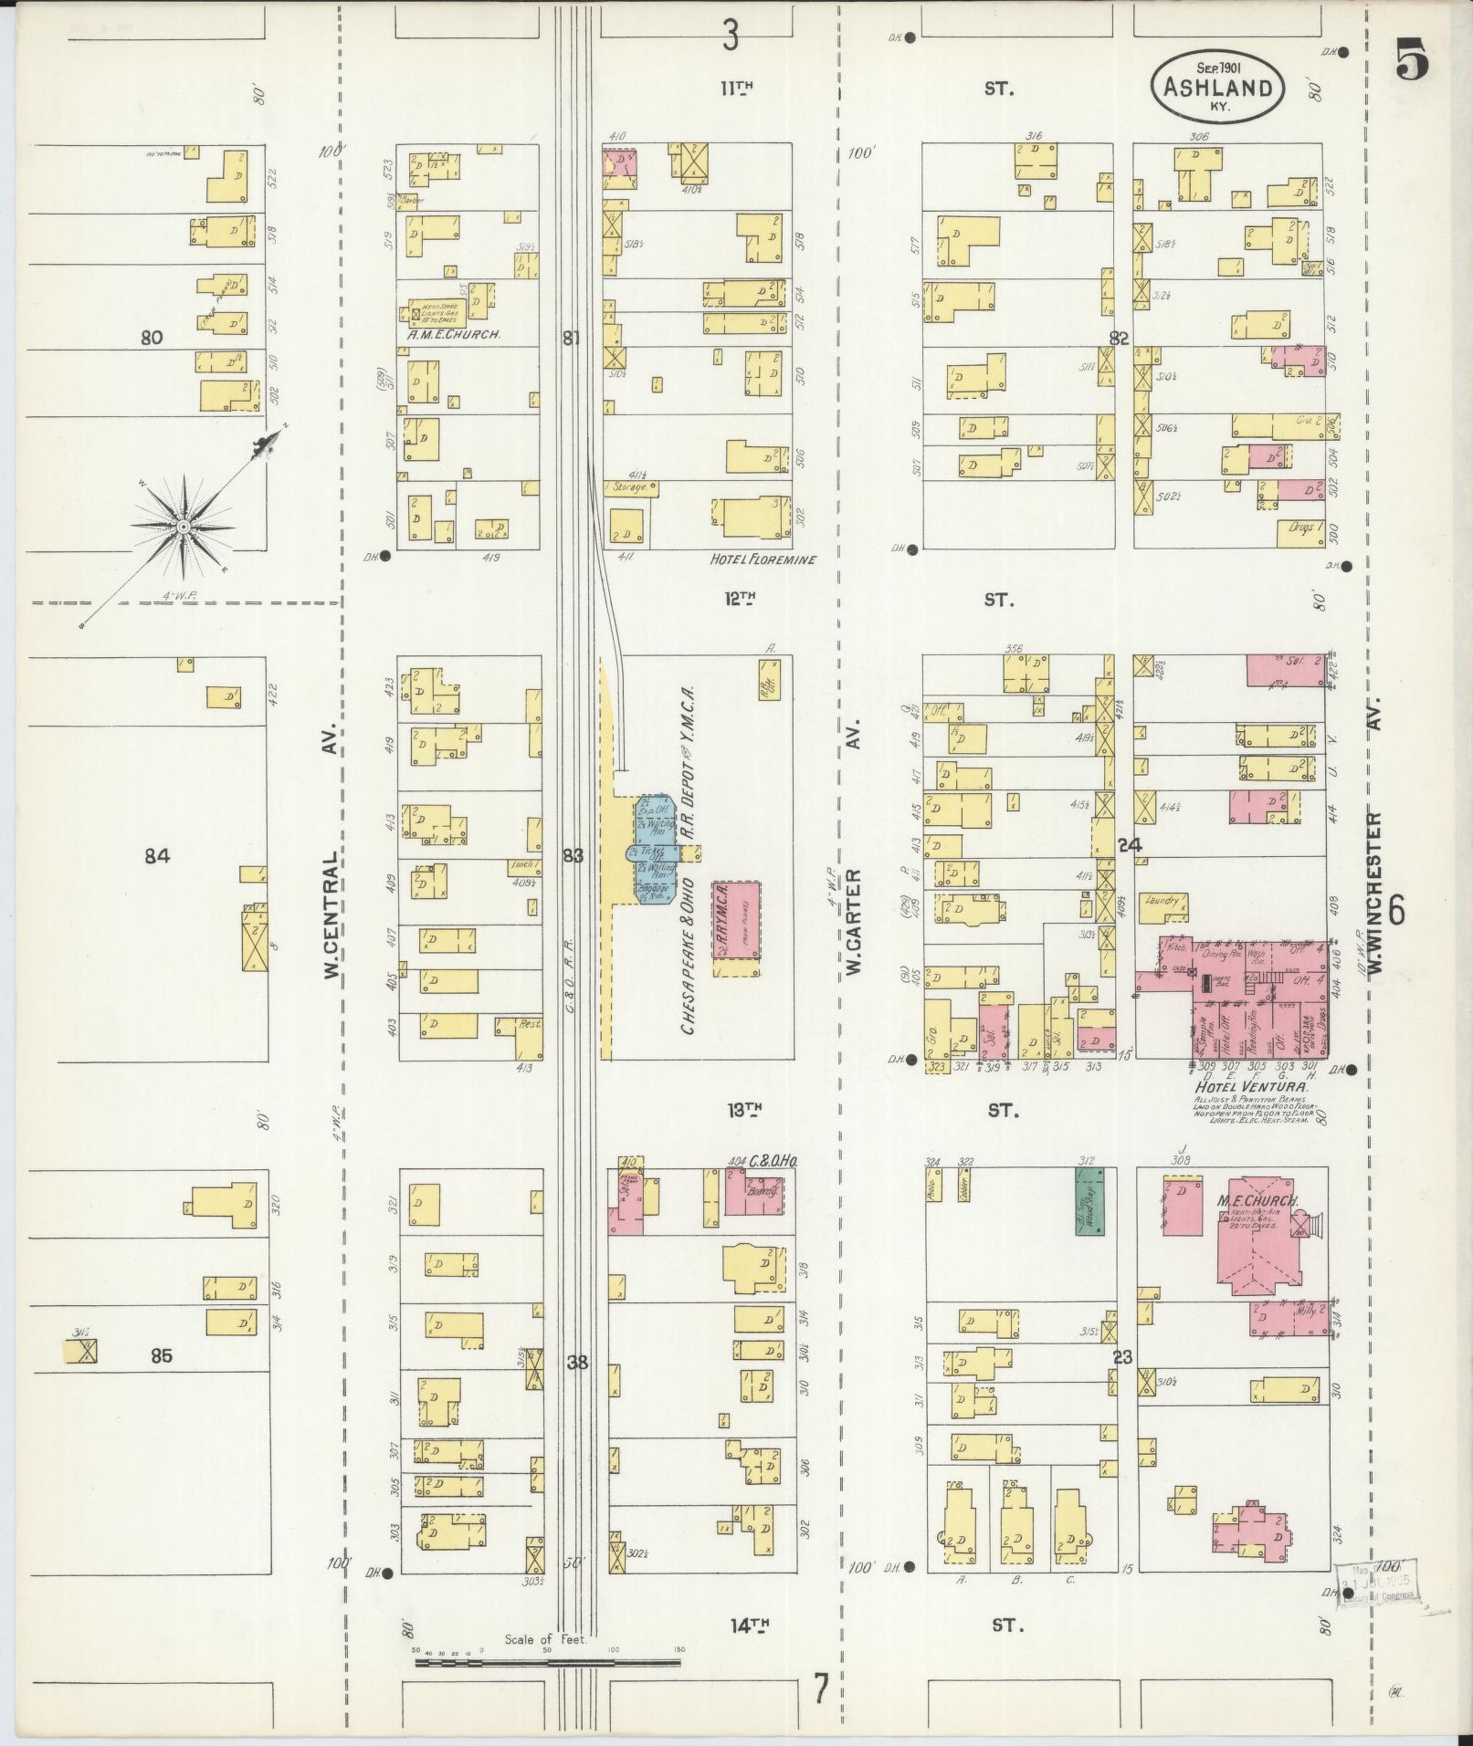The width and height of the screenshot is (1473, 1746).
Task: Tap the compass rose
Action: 183,526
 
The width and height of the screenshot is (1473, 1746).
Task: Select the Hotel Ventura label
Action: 1249,1088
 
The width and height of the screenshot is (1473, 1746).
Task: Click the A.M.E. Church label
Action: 454,335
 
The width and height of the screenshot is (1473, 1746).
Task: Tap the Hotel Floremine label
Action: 763,559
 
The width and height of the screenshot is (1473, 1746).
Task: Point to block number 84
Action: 158,855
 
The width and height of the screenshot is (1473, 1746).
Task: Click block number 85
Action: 162,1355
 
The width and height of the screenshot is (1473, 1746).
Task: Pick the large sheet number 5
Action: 1412,64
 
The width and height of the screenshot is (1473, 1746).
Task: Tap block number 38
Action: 577,1363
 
